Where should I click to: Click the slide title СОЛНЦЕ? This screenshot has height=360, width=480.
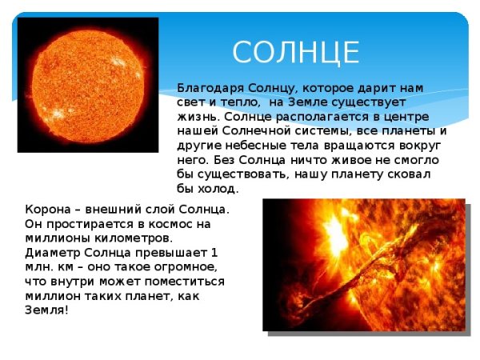pos(296,52)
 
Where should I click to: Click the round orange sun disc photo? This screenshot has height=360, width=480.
pos(88,84)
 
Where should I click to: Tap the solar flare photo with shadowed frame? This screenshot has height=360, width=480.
pos(363,264)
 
